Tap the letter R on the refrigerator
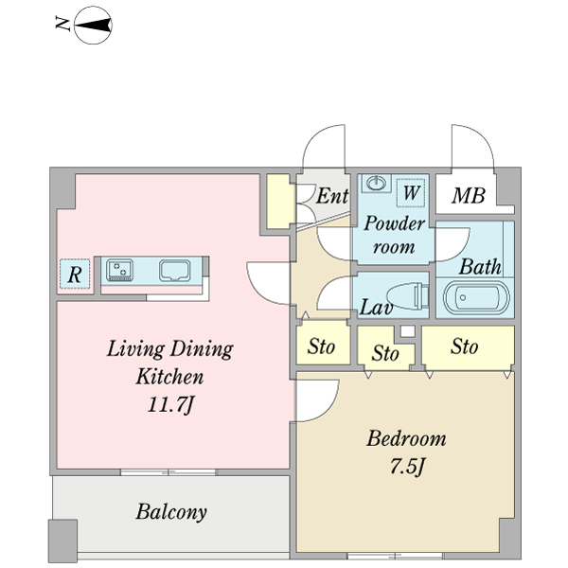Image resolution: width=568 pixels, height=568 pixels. pyautogui.click(x=75, y=275)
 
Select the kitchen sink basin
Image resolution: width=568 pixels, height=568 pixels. pyautogui.click(x=176, y=272)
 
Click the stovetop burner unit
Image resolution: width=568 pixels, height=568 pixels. pyautogui.click(x=120, y=272)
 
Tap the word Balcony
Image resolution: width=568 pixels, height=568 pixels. pyautogui.click(x=171, y=513)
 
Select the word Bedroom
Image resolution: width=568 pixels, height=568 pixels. pyautogui.click(x=406, y=439)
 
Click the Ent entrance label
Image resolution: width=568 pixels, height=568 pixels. pyautogui.click(x=331, y=197)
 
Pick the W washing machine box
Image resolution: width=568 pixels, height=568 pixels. pyautogui.click(x=411, y=193)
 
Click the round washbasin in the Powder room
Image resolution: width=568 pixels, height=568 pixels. pyautogui.click(x=377, y=183)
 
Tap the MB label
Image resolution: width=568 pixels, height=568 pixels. pyautogui.click(x=468, y=197)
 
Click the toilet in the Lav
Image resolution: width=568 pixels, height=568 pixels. pyautogui.click(x=407, y=295)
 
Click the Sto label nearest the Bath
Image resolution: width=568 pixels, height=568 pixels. pyautogui.click(x=464, y=347)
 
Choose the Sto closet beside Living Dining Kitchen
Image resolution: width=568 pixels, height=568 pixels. pyautogui.click(x=322, y=347)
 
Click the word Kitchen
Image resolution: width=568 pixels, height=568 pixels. pyautogui.click(x=170, y=377)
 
